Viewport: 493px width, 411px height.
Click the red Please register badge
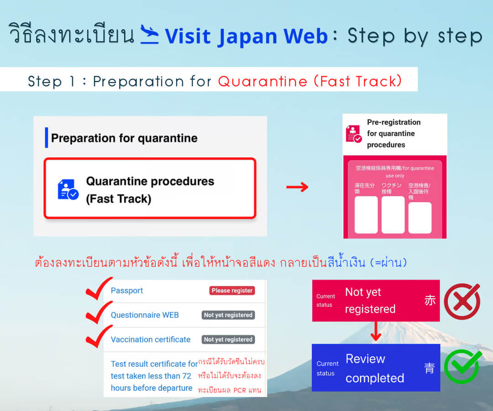(x=232, y=290)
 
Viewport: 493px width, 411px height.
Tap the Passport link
(x=127, y=290)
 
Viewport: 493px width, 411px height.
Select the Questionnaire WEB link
(x=145, y=315)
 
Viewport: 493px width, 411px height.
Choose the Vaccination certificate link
(x=151, y=339)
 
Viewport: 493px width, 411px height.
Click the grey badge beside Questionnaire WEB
(x=228, y=315)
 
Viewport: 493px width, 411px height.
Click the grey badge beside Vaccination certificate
(x=228, y=339)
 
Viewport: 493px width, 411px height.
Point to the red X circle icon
(x=462, y=301)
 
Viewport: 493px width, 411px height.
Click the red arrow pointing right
(x=298, y=187)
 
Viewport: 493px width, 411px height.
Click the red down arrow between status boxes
(x=376, y=332)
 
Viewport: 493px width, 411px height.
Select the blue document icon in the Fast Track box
(x=68, y=190)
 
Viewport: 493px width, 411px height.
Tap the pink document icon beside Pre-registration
(x=354, y=134)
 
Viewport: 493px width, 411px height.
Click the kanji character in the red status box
(x=430, y=300)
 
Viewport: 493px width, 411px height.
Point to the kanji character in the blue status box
(x=430, y=368)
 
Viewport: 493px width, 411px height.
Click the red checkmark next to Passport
(x=99, y=288)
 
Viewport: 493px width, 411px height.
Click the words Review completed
(x=375, y=368)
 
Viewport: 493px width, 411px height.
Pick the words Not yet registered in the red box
(x=370, y=300)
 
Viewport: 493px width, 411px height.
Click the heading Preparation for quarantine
(x=124, y=138)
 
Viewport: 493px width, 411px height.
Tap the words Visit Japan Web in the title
(x=246, y=36)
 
